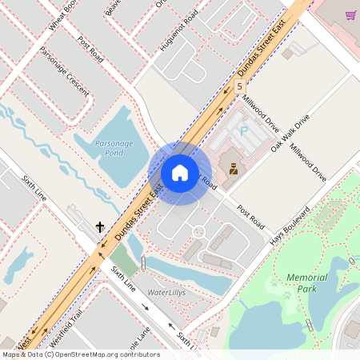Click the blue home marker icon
coord(180,173)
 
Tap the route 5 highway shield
coord(239,85)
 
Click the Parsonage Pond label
coord(108,146)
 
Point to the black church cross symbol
coord(100,227)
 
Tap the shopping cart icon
coord(350,14)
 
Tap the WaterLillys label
coord(166,293)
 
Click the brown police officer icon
coord(234,169)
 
